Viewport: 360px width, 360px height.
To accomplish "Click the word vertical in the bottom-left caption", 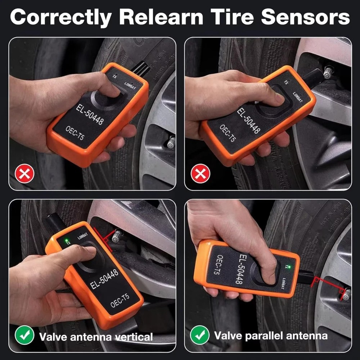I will tap(134, 337).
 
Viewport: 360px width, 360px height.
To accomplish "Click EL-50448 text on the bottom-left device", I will tap(104, 278).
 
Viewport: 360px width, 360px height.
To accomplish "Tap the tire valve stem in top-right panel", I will tap(328, 72).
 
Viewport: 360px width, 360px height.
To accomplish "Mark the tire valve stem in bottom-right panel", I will tap(346, 294).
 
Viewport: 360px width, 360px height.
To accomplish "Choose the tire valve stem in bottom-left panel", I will tap(117, 236).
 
